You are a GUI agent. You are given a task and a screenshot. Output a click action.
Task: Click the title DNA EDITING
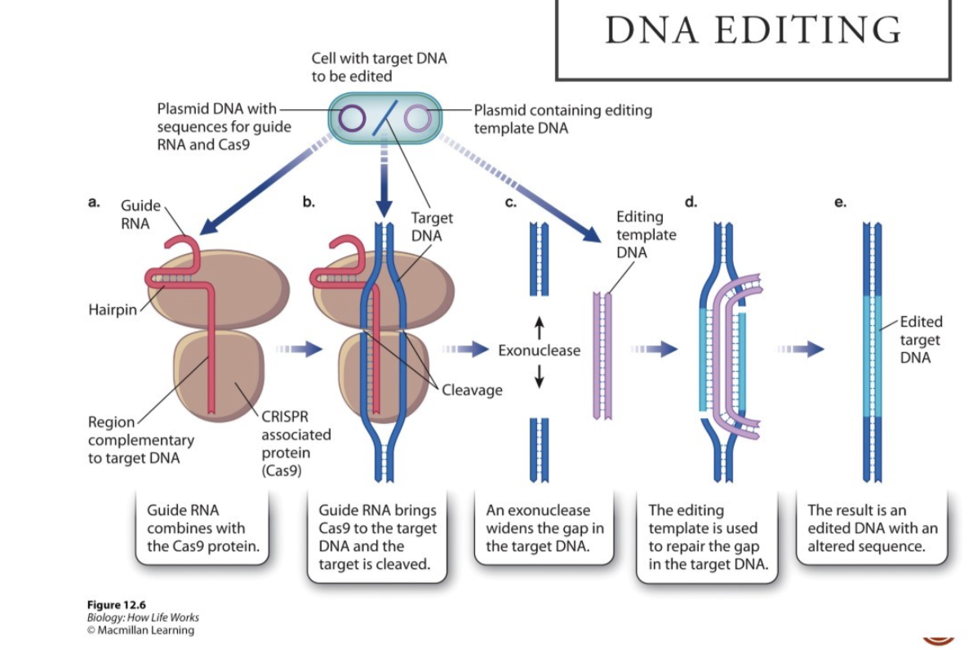(x=753, y=30)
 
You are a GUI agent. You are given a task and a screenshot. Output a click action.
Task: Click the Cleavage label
(x=472, y=390)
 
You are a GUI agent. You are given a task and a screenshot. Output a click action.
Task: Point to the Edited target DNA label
(x=920, y=340)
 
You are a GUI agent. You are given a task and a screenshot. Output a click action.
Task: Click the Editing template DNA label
(x=646, y=234)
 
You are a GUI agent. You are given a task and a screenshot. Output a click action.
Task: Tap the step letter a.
(x=95, y=200)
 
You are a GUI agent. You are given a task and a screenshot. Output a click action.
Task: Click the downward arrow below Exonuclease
(x=539, y=375)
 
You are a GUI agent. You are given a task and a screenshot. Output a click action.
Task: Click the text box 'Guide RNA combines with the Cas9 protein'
(x=204, y=528)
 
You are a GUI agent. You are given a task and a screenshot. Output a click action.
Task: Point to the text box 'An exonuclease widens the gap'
(x=544, y=528)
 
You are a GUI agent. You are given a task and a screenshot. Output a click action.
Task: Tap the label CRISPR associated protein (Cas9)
(x=285, y=443)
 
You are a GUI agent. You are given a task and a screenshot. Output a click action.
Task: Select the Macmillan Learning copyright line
(x=140, y=630)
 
